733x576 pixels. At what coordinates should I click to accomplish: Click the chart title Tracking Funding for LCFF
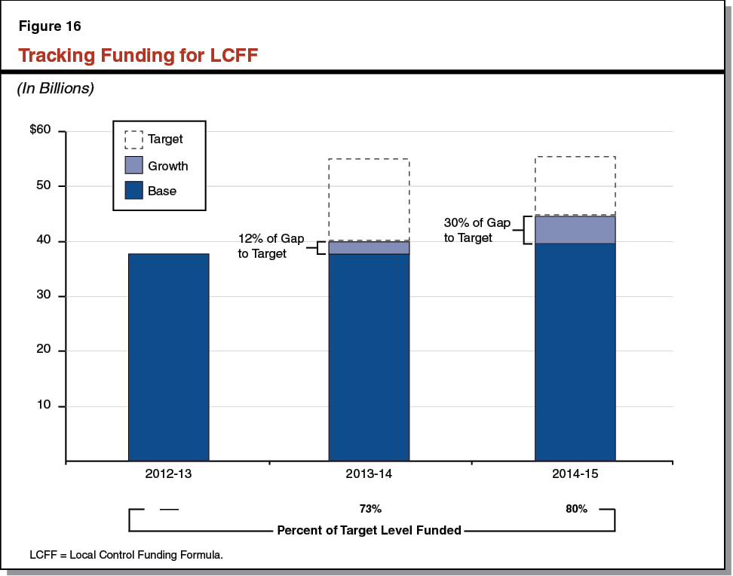[x=138, y=56]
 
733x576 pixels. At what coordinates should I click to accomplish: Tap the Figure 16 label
[x=49, y=26]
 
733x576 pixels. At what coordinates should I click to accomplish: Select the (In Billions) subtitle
[x=55, y=88]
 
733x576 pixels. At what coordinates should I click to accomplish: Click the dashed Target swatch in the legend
[x=133, y=139]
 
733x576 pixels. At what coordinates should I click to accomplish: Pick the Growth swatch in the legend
[x=133, y=165]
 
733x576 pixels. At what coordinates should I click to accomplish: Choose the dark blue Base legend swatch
[x=133, y=191]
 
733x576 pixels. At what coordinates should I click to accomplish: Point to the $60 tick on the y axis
[x=40, y=130]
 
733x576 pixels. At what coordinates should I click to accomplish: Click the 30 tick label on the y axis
[x=44, y=296]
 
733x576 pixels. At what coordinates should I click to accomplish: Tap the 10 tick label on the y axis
[x=44, y=406]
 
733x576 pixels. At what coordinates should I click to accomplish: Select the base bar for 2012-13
[x=169, y=357]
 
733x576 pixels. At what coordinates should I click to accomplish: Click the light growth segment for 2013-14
[x=369, y=248]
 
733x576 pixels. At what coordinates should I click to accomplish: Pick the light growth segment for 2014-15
[x=575, y=230]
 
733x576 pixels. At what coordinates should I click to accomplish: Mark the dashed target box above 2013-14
[x=369, y=199]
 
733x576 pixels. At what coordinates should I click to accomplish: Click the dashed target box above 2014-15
[x=575, y=185]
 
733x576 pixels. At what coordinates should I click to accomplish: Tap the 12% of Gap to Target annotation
[x=271, y=247]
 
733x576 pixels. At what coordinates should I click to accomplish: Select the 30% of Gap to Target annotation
[x=477, y=230]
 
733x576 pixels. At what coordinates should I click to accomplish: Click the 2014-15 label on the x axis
[x=575, y=475]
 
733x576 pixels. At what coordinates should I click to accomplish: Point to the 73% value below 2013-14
[x=370, y=509]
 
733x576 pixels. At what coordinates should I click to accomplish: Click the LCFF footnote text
[x=127, y=555]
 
